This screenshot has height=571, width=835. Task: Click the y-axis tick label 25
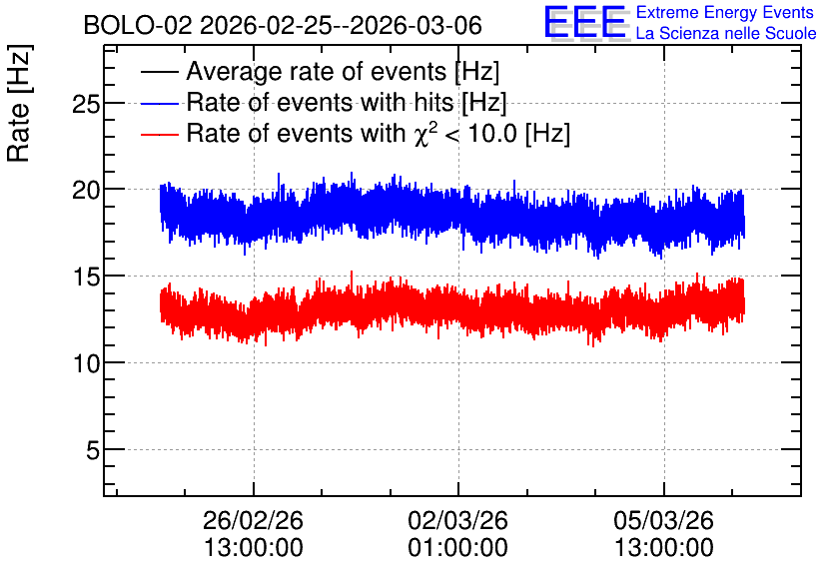[86, 104]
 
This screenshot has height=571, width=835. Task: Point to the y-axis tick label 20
[86, 190]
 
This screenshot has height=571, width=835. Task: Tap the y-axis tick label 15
[86, 277]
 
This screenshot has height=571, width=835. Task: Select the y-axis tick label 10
[86, 363]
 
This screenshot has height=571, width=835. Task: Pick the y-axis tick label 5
[93, 450]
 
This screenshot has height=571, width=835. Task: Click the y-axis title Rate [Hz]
[19, 103]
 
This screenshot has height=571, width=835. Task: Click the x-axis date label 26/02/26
[253, 520]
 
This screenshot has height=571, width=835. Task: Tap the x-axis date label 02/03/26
[458, 520]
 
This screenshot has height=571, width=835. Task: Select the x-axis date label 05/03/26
[663, 520]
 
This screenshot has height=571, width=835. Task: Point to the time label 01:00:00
[458, 547]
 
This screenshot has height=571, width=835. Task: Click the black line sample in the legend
[159, 72]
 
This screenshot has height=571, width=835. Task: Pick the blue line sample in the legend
[159, 103]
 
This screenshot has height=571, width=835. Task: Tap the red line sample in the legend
[159, 134]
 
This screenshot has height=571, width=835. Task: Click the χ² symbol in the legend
[425, 133]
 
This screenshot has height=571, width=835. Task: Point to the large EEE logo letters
[585, 22]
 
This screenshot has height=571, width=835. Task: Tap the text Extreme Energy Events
[725, 12]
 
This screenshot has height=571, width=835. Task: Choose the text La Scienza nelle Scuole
[726, 33]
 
